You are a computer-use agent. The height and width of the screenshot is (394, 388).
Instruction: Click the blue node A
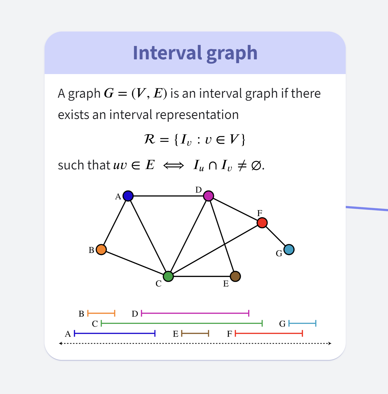tap(128, 196)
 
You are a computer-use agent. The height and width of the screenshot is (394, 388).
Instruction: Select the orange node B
tap(101, 250)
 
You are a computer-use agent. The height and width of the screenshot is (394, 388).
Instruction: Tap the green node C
tap(168, 276)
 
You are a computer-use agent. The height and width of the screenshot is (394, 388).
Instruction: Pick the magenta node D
tap(208, 196)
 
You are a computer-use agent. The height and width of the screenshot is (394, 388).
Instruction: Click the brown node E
tap(235, 276)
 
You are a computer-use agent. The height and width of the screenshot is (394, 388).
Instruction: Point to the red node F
tap(262, 223)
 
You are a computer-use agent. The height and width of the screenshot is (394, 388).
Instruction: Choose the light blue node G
tap(289, 250)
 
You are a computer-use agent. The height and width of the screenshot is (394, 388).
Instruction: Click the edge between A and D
tap(168, 196)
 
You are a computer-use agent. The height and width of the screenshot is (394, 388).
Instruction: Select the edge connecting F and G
tap(275, 236)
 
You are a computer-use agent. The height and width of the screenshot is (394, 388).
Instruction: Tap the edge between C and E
tap(202, 276)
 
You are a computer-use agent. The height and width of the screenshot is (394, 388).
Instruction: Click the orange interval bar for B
tap(101, 313)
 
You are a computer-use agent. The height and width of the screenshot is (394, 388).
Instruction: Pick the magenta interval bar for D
tap(195, 313)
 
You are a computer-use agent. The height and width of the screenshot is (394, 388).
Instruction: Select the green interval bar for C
tap(182, 323)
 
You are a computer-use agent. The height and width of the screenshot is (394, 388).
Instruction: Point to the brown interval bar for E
tap(195, 334)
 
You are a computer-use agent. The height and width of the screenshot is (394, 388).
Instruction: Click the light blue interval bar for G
tap(302, 323)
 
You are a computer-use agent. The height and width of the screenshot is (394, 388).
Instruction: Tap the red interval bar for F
tap(269, 334)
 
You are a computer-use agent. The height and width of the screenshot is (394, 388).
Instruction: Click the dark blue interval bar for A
tap(115, 334)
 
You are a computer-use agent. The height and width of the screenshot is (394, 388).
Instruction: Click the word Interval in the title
tap(167, 53)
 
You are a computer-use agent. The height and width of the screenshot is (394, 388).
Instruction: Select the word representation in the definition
tap(197, 115)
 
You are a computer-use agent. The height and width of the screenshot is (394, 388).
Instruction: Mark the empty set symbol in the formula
tap(256, 165)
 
